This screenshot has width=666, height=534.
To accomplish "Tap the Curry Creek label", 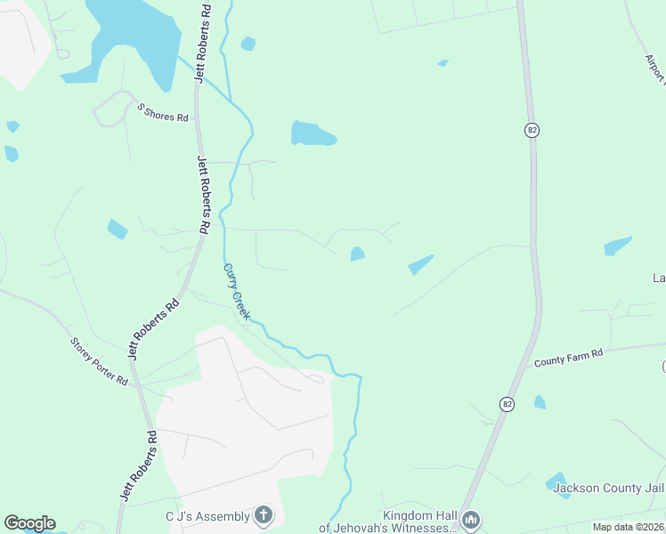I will pyautogui.click(x=237, y=292).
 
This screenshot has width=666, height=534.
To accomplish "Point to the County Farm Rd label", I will pyautogui.click(x=569, y=358).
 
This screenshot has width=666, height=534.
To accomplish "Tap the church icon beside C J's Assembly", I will pyautogui.click(x=263, y=514).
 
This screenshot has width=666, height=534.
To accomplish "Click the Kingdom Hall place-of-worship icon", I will pyautogui.click(x=471, y=519).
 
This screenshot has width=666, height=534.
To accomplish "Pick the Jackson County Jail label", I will pyautogui.click(x=608, y=488).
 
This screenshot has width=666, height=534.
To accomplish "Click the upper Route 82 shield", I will pyautogui.click(x=532, y=131).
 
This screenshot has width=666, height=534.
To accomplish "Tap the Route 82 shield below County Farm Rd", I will pyautogui.click(x=507, y=402).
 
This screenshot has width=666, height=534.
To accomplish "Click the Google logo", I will pyautogui.click(x=29, y=523).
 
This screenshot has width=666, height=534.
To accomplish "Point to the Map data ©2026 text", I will pyautogui.click(x=628, y=527).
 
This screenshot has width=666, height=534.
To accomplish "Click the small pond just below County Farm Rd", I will pyautogui.click(x=540, y=402).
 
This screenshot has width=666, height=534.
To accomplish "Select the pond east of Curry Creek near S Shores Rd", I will pyautogui.click(x=311, y=133).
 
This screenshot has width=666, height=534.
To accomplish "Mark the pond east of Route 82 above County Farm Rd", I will pyautogui.click(x=617, y=246).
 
